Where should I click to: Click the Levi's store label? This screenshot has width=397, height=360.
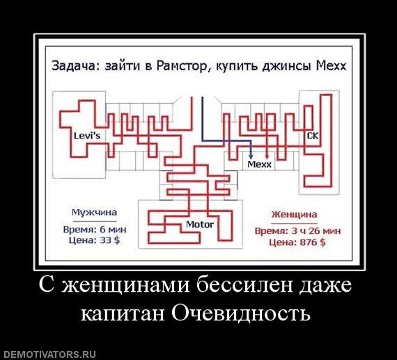(x=87, y=136)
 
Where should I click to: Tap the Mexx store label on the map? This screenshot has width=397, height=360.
(x=259, y=164)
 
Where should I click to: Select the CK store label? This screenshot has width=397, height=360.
(x=313, y=136)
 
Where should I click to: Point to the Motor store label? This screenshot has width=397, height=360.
(x=200, y=224)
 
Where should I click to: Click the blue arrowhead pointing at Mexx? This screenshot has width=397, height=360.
(x=251, y=157)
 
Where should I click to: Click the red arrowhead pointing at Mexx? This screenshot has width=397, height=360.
(x=267, y=157)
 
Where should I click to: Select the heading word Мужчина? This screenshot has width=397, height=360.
(x=95, y=212)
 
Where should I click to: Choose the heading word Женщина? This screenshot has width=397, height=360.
(x=294, y=214)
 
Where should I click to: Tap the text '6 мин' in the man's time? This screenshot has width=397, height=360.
(x=113, y=229)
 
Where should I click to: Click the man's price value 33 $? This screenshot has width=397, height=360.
(x=109, y=240)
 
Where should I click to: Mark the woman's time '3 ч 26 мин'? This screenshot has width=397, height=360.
(x=316, y=231)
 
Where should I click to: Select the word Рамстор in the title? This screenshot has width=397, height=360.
(x=182, y=66)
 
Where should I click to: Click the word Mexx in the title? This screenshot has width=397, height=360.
(x=331, y=66)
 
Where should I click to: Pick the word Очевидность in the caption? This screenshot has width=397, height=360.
(x=241, y=313)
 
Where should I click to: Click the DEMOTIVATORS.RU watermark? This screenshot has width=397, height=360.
(x=48, y=354)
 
